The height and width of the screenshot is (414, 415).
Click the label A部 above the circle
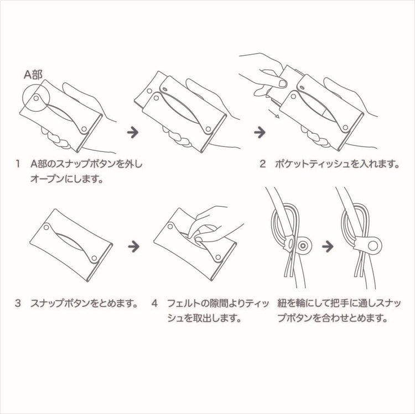33,75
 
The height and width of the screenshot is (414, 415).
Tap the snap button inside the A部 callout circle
37,98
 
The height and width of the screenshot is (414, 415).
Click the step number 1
18,164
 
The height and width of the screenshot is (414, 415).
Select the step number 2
262,164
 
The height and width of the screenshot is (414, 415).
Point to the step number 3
18,303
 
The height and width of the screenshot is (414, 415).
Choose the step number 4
154,303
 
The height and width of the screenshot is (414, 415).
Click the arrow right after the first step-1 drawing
133,132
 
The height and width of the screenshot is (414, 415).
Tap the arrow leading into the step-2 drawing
260,132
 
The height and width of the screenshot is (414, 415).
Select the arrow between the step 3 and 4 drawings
134,247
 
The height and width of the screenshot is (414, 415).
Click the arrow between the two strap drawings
328,247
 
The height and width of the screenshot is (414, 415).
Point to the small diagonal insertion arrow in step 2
274,113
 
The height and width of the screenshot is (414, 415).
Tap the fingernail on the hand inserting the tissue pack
282,84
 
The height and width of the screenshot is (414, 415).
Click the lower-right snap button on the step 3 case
94,258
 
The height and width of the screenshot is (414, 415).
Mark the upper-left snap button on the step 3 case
46,227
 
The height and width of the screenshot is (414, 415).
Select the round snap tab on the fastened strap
373,246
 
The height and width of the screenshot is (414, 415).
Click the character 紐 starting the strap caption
282,303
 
